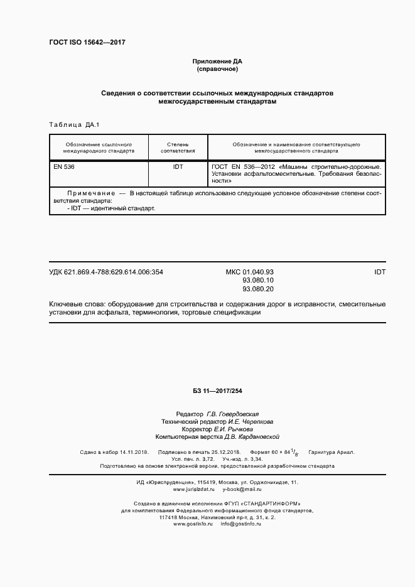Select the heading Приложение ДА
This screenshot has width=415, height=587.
(217, 62)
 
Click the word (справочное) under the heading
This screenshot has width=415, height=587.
(217, 70)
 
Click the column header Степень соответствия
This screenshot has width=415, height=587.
(178, 148)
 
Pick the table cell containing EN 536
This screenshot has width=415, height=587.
(65, 168)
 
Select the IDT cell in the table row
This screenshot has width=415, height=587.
(178, 168)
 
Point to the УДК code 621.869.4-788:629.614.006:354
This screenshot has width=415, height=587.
(106, 272)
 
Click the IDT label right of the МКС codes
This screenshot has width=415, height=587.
(380, 272)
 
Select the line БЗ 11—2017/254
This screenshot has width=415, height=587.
(217, 390)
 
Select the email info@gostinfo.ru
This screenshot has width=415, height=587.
(240, 524)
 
